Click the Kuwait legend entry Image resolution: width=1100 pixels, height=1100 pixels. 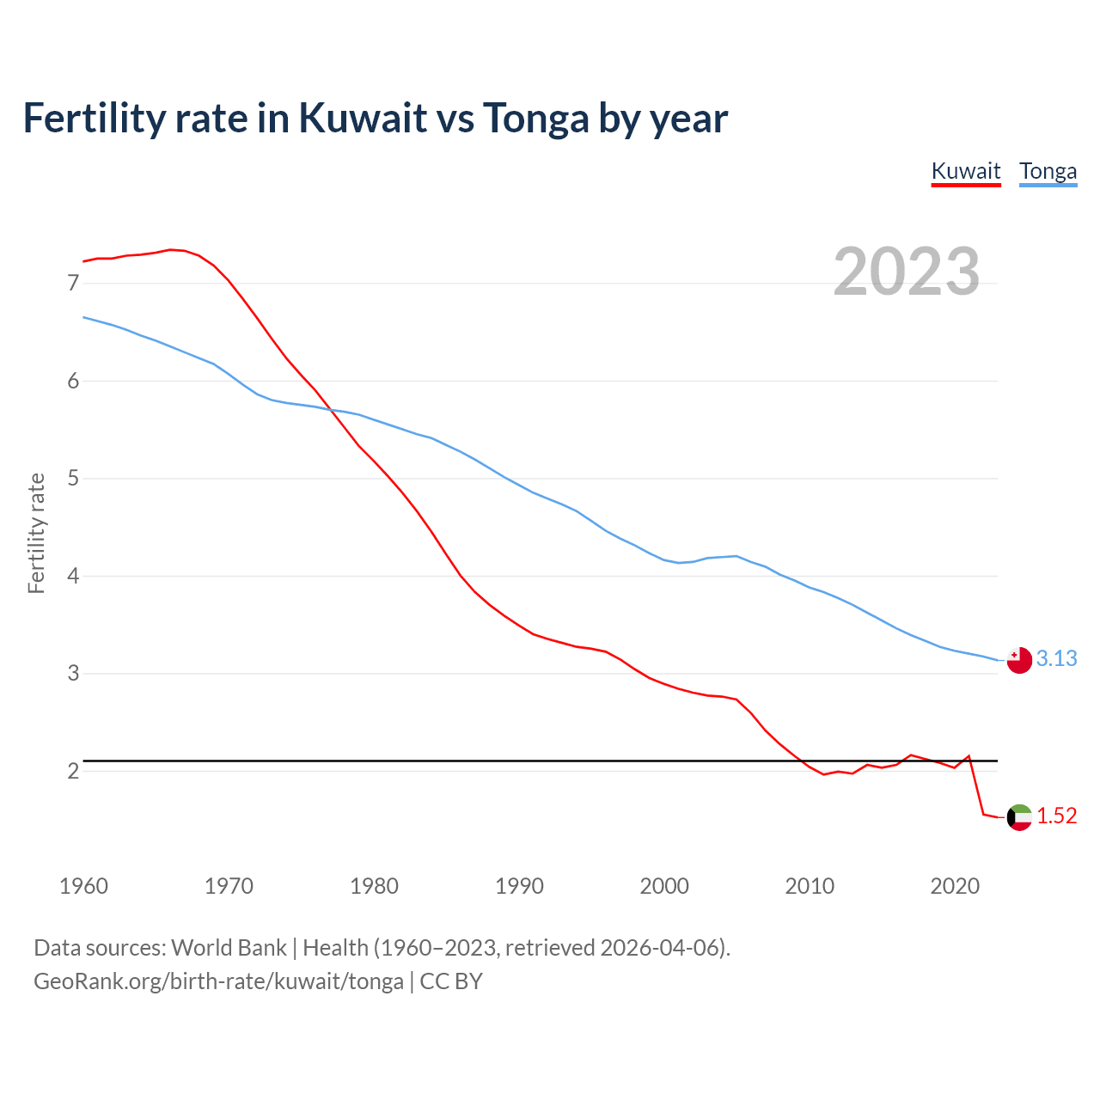coord(966,171)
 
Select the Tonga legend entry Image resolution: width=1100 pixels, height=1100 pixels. coord(1048,171)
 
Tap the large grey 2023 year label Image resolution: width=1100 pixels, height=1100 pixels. coord(906,272)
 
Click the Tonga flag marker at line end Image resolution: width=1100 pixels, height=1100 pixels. coord(1018,660)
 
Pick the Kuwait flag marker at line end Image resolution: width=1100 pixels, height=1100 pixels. coord(1018,817)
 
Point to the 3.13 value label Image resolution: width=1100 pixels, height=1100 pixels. coord(1056,658)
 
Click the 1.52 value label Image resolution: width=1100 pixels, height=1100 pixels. coord(1056,816)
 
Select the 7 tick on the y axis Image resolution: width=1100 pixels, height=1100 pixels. coord(73,284)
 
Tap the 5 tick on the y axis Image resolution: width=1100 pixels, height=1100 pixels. coord(73,478)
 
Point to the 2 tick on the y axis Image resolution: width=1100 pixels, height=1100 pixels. coord(73,771)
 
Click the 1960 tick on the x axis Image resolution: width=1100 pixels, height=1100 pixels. coord(83,886)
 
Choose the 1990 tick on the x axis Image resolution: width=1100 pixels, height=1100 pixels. coord(519,886)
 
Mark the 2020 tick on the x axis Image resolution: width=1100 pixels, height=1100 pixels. coord(955,886)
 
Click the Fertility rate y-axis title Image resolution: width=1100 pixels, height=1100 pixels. coord(36,533)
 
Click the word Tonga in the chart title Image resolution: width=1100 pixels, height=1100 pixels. coord(535,119)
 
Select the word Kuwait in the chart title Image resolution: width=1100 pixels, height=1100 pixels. coord(363,119)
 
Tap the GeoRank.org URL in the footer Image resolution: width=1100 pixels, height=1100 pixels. coord(218,981)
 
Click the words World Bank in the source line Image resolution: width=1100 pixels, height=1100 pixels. coord(229,948)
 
